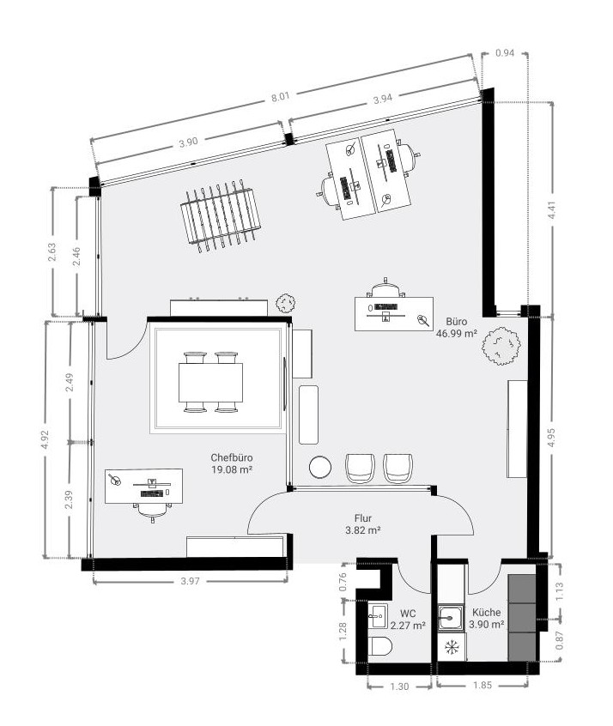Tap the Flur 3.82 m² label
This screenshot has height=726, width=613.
363,524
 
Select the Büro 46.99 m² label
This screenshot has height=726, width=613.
457,327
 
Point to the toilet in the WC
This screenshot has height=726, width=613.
381,645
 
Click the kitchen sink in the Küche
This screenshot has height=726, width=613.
451,617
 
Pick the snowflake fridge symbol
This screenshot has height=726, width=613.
452,646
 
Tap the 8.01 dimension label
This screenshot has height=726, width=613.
281,97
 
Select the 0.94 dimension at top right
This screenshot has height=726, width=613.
505,53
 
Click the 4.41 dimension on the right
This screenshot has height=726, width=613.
551,210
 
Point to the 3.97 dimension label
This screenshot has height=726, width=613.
190,581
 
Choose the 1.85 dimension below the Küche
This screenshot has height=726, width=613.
483,685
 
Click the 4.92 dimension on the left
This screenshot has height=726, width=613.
45,439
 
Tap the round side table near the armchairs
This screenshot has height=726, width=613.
319,467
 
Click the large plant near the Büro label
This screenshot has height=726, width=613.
501,345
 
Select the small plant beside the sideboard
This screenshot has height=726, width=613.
285,303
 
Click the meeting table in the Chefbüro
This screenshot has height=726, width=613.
211,383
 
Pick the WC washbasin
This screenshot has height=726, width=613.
377,616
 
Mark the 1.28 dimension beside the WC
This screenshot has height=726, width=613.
343,632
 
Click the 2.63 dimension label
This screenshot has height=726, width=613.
52,252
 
